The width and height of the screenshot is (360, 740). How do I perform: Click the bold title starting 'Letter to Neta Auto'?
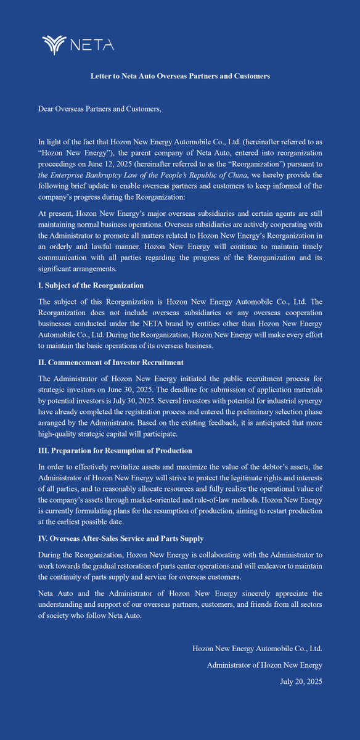[180, 76]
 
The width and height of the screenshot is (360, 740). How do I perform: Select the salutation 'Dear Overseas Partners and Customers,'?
[99, 109]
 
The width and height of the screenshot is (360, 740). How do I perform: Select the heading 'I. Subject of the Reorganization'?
[91, 286]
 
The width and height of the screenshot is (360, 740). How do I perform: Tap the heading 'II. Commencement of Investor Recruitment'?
[110, 362]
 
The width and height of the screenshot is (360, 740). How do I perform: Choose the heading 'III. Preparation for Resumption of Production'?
[115, 451]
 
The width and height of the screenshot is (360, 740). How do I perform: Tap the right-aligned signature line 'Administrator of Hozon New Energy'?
[264, 665]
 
